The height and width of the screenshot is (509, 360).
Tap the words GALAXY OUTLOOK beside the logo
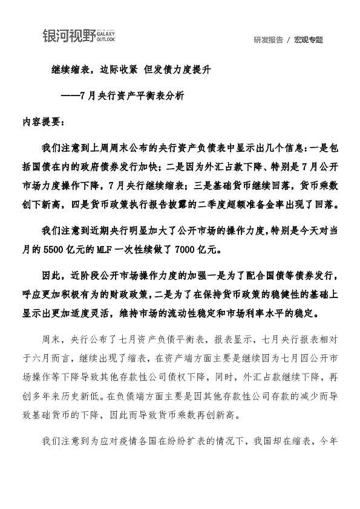(x=105, y=37)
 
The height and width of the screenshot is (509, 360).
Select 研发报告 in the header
(x=269, y=40)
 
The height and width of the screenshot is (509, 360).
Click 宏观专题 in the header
(x=309, y=40)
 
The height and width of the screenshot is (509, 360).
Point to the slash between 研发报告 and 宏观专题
(x=289, y=40)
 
